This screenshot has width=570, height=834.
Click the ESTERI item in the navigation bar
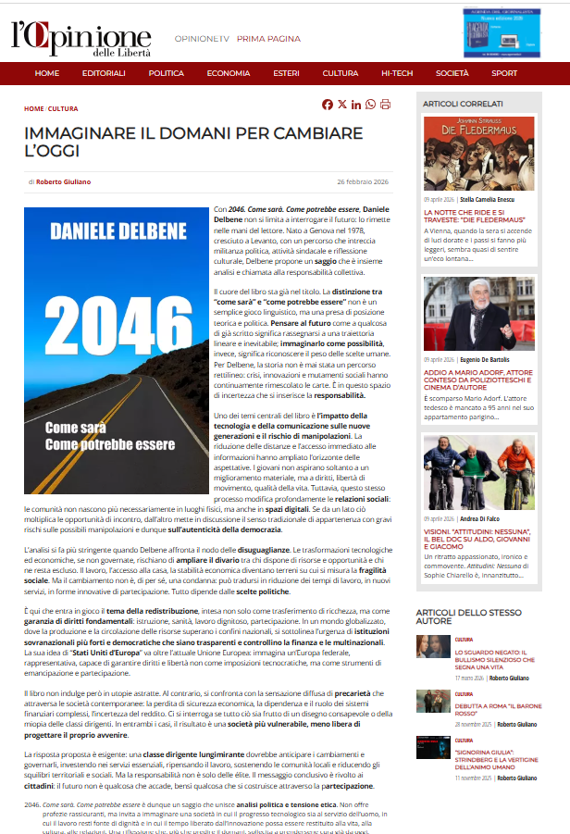[286, 73]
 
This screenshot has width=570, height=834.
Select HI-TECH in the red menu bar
[397, 73]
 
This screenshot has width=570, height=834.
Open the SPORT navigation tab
[504, 73]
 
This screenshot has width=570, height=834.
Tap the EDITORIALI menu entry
[104, 73]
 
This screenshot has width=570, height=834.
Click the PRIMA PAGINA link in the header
[268, 39]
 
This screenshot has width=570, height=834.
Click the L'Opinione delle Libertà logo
[81, 37]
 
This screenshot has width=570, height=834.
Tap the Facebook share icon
[328, 105]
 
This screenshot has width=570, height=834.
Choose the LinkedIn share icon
[356, 105]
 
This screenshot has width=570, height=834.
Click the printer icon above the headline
[385, 105]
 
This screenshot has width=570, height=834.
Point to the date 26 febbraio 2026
[363, 182]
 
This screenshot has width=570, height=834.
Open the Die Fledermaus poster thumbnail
[465, 154]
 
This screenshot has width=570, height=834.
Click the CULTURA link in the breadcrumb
[63, 108]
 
